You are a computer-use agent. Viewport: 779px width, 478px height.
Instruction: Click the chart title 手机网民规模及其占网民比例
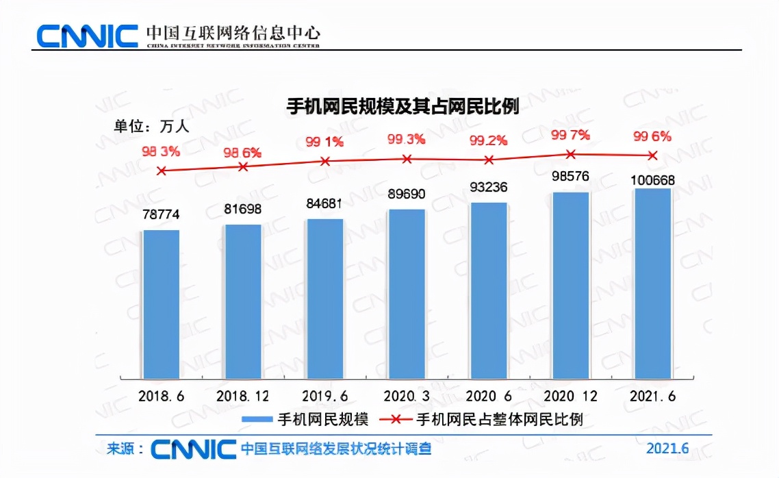[402, 107]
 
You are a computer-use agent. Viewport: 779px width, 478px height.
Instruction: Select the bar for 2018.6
[161, 304]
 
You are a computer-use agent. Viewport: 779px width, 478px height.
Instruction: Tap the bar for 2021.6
[652, 284]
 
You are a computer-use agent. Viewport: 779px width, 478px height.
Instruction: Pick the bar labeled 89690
[407, 294]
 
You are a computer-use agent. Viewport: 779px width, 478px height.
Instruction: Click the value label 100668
[652, 181]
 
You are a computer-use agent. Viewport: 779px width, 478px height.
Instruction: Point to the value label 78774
[161, 214]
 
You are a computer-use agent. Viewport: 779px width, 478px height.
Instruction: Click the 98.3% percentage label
[161, 151]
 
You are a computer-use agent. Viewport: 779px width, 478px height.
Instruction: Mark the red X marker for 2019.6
[325, 162]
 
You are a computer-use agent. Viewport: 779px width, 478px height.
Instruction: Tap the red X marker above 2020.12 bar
[571, 154]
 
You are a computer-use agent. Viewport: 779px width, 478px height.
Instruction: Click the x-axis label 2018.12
[243, 397]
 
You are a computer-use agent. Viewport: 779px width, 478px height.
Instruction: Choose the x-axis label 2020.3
[407, 397]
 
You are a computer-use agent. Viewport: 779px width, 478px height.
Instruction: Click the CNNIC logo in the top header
[87, 35]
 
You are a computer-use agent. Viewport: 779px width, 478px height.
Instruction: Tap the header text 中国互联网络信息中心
[233, 32]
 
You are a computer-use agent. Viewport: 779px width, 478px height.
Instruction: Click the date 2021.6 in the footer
[667, 449]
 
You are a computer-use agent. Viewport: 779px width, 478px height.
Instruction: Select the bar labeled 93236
[489, 290]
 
